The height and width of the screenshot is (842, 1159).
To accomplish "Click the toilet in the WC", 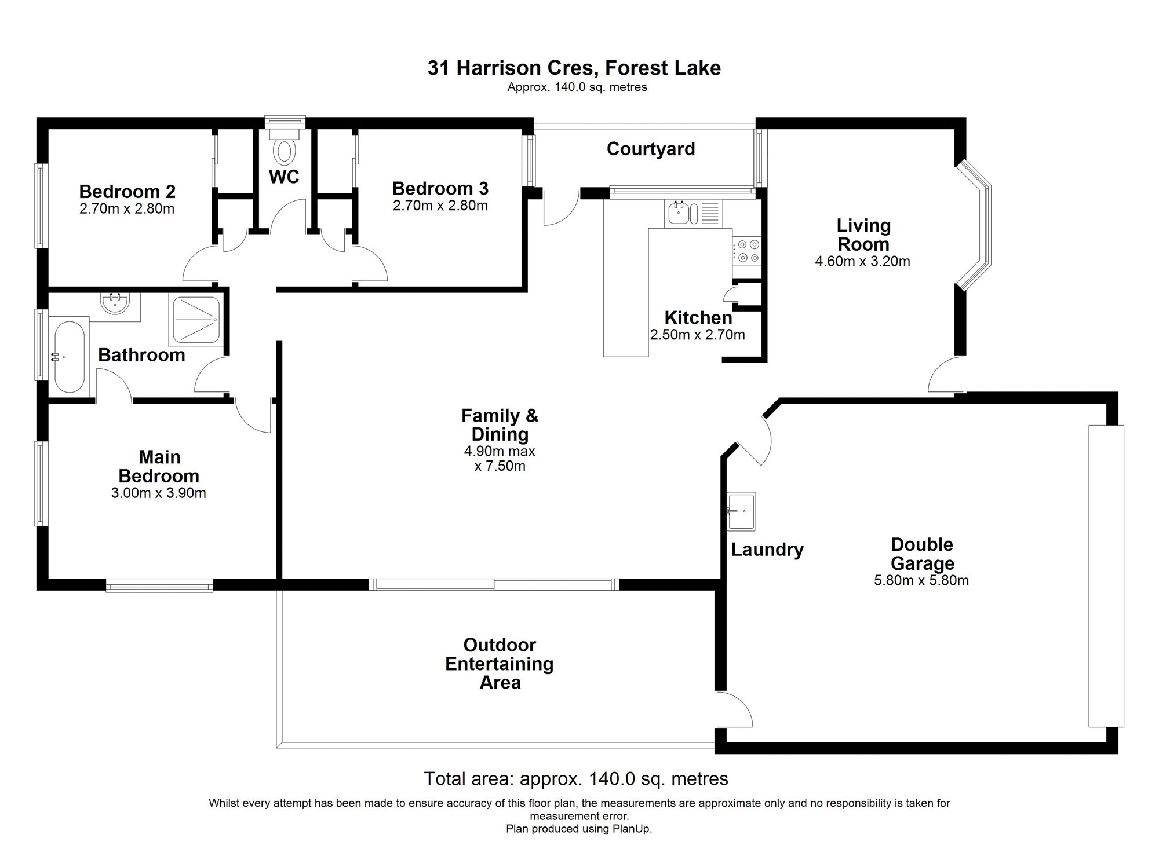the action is pos(285,147).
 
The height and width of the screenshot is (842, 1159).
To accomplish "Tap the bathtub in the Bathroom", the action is pos(68,357).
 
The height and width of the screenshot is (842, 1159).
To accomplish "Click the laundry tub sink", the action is pos(741,511).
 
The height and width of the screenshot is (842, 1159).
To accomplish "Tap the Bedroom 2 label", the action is pos(127,191).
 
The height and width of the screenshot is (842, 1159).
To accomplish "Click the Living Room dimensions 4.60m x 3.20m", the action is pos(862,261).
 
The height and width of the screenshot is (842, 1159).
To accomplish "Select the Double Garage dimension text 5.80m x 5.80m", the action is pos(921,580).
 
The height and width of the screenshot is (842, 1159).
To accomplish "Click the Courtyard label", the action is pos(651,149).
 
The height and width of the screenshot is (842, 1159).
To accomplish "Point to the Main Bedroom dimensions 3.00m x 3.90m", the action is pos(159,493).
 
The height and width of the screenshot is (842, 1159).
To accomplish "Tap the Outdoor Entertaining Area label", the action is pos(500,664).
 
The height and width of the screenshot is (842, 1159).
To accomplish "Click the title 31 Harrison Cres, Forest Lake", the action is pos(574,68).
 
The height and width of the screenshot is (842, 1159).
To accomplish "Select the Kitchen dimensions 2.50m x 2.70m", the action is pos(698,335).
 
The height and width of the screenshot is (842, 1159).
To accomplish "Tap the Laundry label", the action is pos(767,550).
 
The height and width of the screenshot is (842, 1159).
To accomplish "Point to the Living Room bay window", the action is pos(974,225).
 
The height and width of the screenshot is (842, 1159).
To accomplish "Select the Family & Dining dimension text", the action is pos(500,459).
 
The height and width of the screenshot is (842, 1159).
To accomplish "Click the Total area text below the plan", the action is pos(576,779).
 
